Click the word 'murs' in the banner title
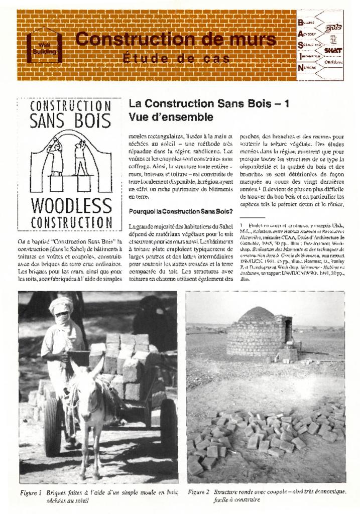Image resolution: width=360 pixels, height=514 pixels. pos(251,39)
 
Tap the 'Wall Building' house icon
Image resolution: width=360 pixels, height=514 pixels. pos(44,47)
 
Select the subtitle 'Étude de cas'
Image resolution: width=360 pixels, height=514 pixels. pos(175,59)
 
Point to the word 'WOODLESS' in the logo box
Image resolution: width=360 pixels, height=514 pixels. pos(71,205)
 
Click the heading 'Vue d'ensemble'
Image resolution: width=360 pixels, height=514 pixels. pos(171,117)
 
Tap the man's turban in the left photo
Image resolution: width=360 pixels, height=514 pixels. pos(61,304)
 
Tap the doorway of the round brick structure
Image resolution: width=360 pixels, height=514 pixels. pos(288,331)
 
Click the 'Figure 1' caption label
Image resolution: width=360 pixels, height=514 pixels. pos(31,492)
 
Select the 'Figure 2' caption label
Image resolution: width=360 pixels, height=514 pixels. pos(198,492)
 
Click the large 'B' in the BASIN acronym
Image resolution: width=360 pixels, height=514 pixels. pos(300,22)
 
